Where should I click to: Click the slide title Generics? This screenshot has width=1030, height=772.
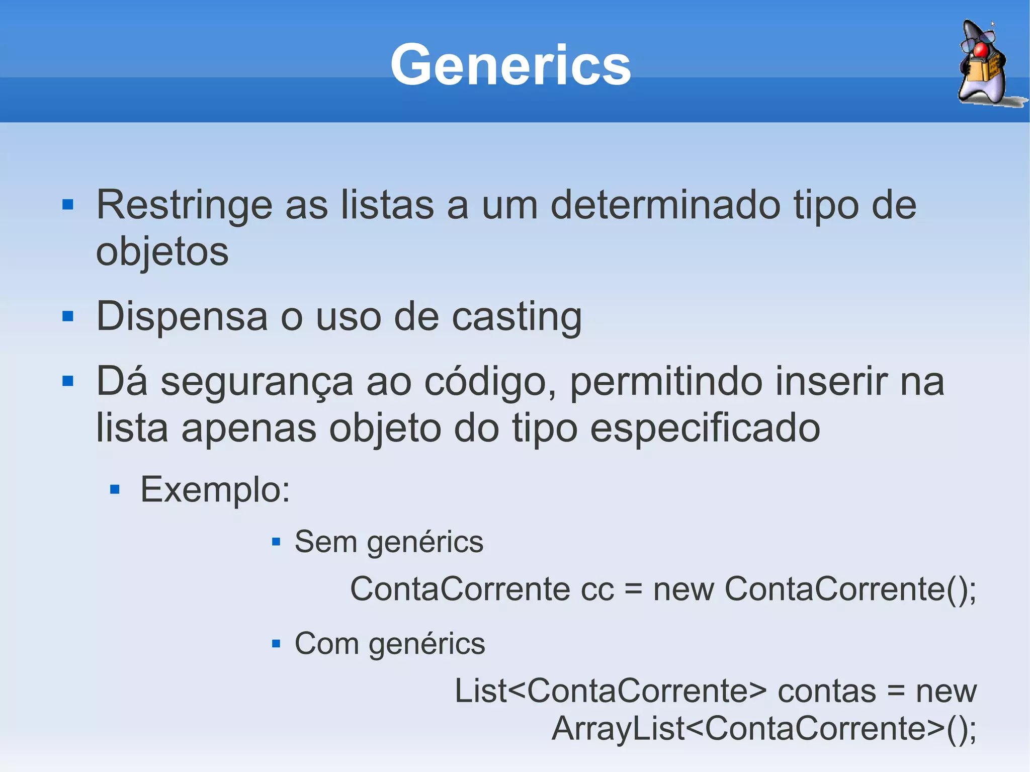[x=510, y=65]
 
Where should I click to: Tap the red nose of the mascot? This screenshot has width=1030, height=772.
[x=980, y=50]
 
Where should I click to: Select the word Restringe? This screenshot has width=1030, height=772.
[x=184, y=205]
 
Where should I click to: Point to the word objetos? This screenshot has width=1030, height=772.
[x=162, y=251]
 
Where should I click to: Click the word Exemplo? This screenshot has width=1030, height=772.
[x=215, y=490]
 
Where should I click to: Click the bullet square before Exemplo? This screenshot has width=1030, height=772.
[x=115, y=489]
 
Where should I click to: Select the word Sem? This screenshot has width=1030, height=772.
[x=325, y=542]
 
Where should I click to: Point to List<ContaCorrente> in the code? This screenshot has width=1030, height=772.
[x=611, y=691]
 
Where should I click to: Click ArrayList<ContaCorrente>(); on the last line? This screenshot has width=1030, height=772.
[x=763, y=729]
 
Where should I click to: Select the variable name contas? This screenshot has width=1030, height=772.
[x=827, y=691]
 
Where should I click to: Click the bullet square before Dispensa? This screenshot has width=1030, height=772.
[x=68, y=316]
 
